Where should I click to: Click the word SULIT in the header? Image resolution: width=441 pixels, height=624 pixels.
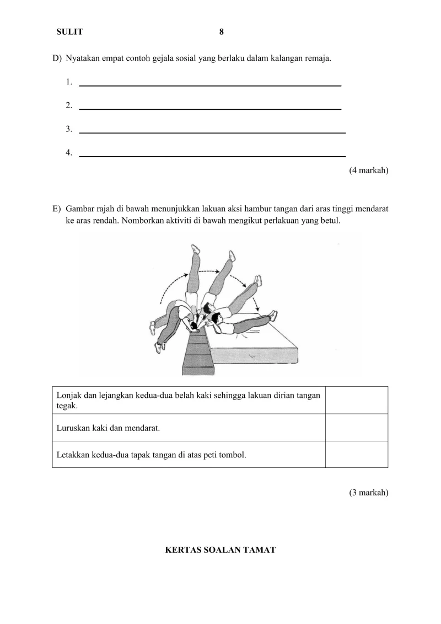coord(69,32)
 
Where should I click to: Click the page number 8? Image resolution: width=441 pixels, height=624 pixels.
coord(221,32)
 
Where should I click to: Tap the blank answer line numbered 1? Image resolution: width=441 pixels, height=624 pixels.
coord(210,84)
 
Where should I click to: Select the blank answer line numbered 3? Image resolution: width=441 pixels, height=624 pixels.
coord(212,132)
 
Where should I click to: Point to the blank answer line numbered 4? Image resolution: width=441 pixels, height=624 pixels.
coord(212,156)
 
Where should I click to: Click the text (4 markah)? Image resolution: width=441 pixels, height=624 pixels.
coord(368,170)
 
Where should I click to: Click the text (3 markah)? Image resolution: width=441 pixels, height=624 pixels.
coord(368,493)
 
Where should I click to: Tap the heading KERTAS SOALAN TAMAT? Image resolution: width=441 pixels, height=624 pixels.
coord(220,550)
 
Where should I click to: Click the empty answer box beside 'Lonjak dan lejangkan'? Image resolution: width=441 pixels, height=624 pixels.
coord(356,400)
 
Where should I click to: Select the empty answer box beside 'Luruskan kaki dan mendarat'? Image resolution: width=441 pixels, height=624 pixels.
coord(356,428)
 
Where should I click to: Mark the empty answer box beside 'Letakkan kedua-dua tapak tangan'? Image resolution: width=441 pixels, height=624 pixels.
coord(356,455)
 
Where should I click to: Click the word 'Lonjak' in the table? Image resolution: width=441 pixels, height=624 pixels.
coord(68,396)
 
